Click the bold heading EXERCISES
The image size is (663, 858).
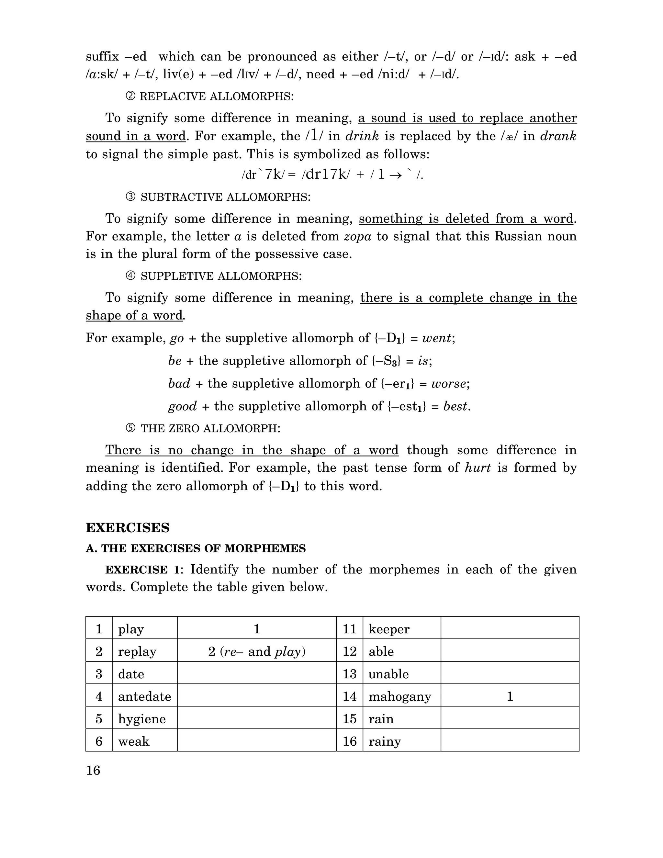[x=127, y=528]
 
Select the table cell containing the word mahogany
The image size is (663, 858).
[x=400, y=696]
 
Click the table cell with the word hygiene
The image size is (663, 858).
[x=142, y=719]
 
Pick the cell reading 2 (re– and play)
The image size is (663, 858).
[x=256, y=652]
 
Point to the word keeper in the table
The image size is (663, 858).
[x=389, y=629]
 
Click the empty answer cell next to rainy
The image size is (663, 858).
[x=510, y=741]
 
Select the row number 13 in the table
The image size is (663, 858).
[x=349, y=674]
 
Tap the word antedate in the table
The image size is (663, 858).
[x=144, y=696]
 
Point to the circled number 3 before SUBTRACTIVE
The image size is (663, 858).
[x=130, y=197]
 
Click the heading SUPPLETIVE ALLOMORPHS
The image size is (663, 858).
[x=221, y=276]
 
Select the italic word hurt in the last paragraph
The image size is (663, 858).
[x=478, y=468]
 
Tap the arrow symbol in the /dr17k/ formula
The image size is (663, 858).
[x=396, y=175]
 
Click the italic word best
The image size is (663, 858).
[x=455, y=406]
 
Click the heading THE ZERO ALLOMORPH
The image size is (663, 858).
[x=210, y=429]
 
